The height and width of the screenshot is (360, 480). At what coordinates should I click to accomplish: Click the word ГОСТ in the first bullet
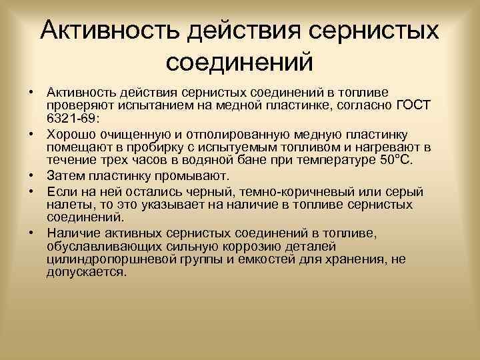[x=414, y=105]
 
